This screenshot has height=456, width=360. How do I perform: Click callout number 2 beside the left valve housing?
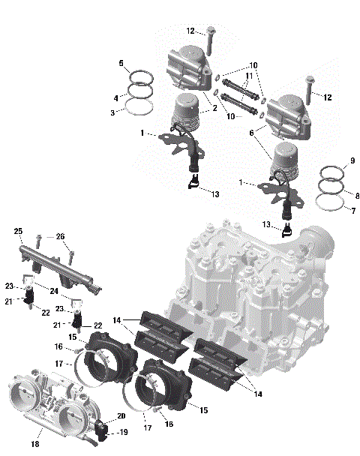214,108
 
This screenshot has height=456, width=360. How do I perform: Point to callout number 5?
121,64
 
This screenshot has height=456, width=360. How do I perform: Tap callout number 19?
123,433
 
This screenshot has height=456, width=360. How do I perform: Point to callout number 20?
121,416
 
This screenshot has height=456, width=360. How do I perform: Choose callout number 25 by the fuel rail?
19,231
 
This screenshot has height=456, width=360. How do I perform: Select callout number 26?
60,236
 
